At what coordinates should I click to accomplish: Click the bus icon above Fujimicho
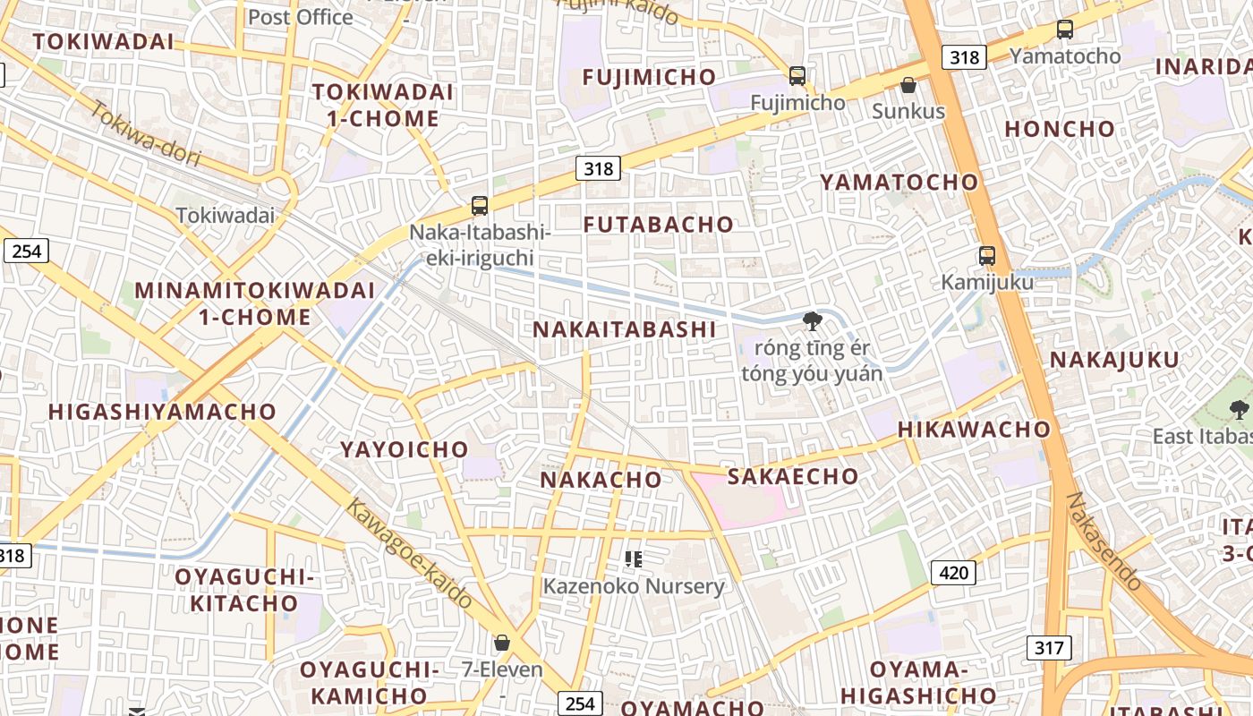[x=797, y=76]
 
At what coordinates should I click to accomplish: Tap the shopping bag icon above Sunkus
[x=908, y=85]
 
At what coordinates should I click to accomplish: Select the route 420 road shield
[x=953, y=572]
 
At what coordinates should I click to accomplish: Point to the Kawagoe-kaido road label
[x=409, y=553]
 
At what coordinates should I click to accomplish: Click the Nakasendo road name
[x=1106, y=541]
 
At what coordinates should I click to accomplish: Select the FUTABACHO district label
[x=659, y=225]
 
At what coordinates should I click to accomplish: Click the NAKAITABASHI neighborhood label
[x=625, y=329]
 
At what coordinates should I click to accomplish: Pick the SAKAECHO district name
[x=793, y=476]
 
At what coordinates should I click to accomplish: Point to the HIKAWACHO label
[x=974, y=429]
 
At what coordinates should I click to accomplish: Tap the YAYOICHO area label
[x=405, y=449]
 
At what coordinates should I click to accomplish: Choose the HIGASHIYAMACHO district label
[x=162, y=412]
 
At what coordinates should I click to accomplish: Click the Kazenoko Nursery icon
[x=634, y=559]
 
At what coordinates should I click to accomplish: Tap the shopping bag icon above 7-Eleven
[x=502, y=643]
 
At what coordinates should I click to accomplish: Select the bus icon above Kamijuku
[x=987, y=256]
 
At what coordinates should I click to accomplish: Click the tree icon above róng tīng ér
[x=812, y=320]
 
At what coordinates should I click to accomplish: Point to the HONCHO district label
[x=1060, y=129]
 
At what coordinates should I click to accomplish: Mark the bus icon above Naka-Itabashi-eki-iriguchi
[x=480, y=206]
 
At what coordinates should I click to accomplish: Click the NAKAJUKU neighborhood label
[x=1114, y=360]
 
